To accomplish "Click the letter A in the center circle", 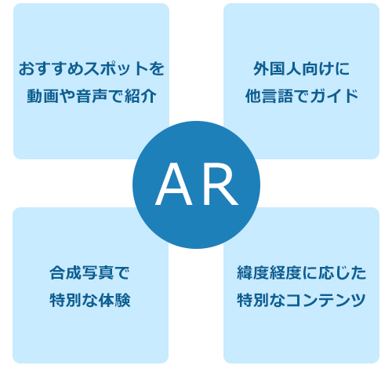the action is tap(173, 184).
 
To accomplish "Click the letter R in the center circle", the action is tap(220, 184).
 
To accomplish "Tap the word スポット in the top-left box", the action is tap(115, 68).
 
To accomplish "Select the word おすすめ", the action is tap(51, 68).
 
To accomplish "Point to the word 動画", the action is tap(43, 96).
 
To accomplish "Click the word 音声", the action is tap(92, 96).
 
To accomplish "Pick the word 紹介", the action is tap(140, 96).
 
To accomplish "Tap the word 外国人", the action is tap(278, 68).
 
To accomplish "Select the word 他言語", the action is tap(269, 96).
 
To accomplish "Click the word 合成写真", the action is tap(82, 272).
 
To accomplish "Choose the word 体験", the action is tap(114, 300).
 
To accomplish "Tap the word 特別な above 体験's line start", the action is tap(74, 300).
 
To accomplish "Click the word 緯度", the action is tap(253, 272).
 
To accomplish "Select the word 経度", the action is tap(285, 272).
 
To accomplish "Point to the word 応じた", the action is tap(343, 272).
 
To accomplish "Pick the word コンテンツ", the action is tap(326, 300).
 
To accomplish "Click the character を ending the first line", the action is tap(156, 68).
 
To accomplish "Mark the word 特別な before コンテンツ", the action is tap(261, 300).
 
